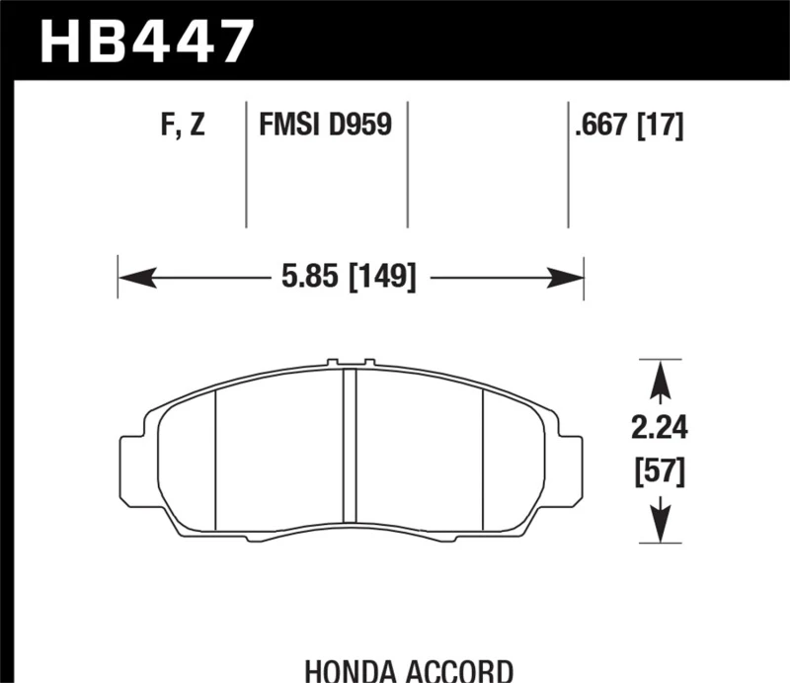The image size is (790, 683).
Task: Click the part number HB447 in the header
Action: click(145, 41)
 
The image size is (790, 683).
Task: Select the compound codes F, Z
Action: click(181, 126)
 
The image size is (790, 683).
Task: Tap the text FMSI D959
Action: click(325, 126)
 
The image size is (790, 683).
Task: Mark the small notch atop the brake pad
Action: click(349, 363)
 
